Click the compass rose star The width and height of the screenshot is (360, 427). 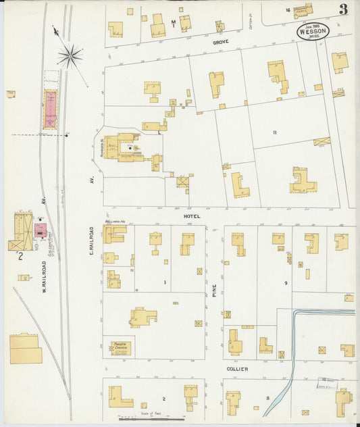pos(70,55)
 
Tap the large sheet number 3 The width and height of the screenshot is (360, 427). pos(344,9)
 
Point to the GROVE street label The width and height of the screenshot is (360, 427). pos(222,42)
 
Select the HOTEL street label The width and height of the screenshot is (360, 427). pos(192,216)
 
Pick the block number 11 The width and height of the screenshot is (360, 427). pos(275,132)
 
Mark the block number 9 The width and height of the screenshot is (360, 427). pos(286,282)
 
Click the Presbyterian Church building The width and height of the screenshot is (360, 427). pos(122,347)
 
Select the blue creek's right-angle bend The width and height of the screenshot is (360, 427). pos(295,313)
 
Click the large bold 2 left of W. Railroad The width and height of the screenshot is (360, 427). pos(21,256)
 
